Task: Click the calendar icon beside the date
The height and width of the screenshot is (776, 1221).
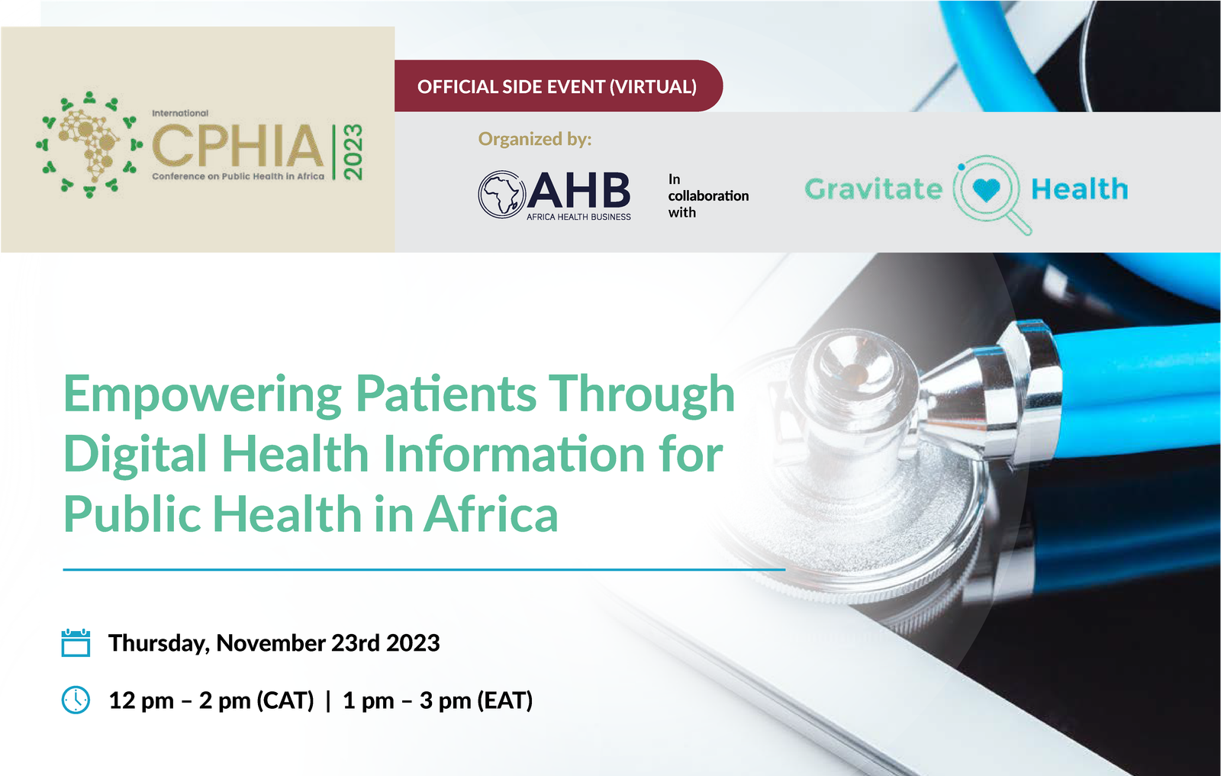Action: [x=76, y=642]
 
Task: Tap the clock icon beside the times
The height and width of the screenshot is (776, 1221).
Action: [x=76, y=700]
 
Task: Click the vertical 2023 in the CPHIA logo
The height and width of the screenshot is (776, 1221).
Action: [x=353, y=152]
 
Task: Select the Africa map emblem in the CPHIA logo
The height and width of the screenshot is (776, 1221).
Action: [x=90, y=144]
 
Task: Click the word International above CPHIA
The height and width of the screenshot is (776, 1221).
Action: [x=180, y=113]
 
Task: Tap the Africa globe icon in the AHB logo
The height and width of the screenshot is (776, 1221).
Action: [x=501, y=194]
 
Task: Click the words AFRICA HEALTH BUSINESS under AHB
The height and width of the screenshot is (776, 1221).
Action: [x=578, y=217]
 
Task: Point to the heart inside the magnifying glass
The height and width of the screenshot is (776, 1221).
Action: [x=986, y=189]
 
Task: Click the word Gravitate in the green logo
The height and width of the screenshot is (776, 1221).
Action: [x=874, y=188]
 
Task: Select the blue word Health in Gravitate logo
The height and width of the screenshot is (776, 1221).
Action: [x=1079, y=188]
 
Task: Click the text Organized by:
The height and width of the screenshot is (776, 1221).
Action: [x=534, y=139]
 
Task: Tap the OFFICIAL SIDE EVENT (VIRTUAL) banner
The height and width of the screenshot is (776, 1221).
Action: [x=557, y=86]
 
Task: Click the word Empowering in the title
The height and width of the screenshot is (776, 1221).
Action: [x=202, y=395]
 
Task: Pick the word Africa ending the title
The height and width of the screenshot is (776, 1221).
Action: [x=491, y=514]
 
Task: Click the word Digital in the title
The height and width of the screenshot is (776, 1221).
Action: [x=135, y=455]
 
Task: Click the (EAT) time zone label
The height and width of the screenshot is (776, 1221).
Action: [x=504, y=700]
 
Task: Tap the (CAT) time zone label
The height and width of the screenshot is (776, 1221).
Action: [x=285, y=700]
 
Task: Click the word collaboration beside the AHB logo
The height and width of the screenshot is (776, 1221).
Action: [x=708, y=195]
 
